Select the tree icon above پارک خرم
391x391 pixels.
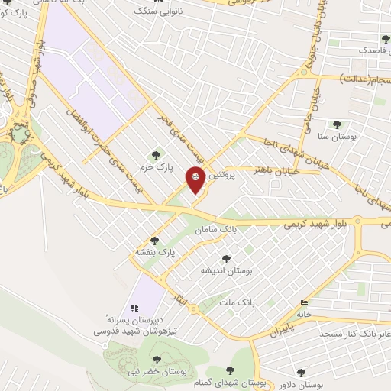(159, 155)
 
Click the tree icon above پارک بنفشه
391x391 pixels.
(155, 240)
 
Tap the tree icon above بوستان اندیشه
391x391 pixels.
(225, 260)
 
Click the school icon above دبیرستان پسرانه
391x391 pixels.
(134, 308)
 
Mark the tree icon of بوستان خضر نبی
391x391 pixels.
(157, 359)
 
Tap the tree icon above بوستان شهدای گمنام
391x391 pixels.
(230, 371)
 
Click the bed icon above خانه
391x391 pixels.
(305, 302)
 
